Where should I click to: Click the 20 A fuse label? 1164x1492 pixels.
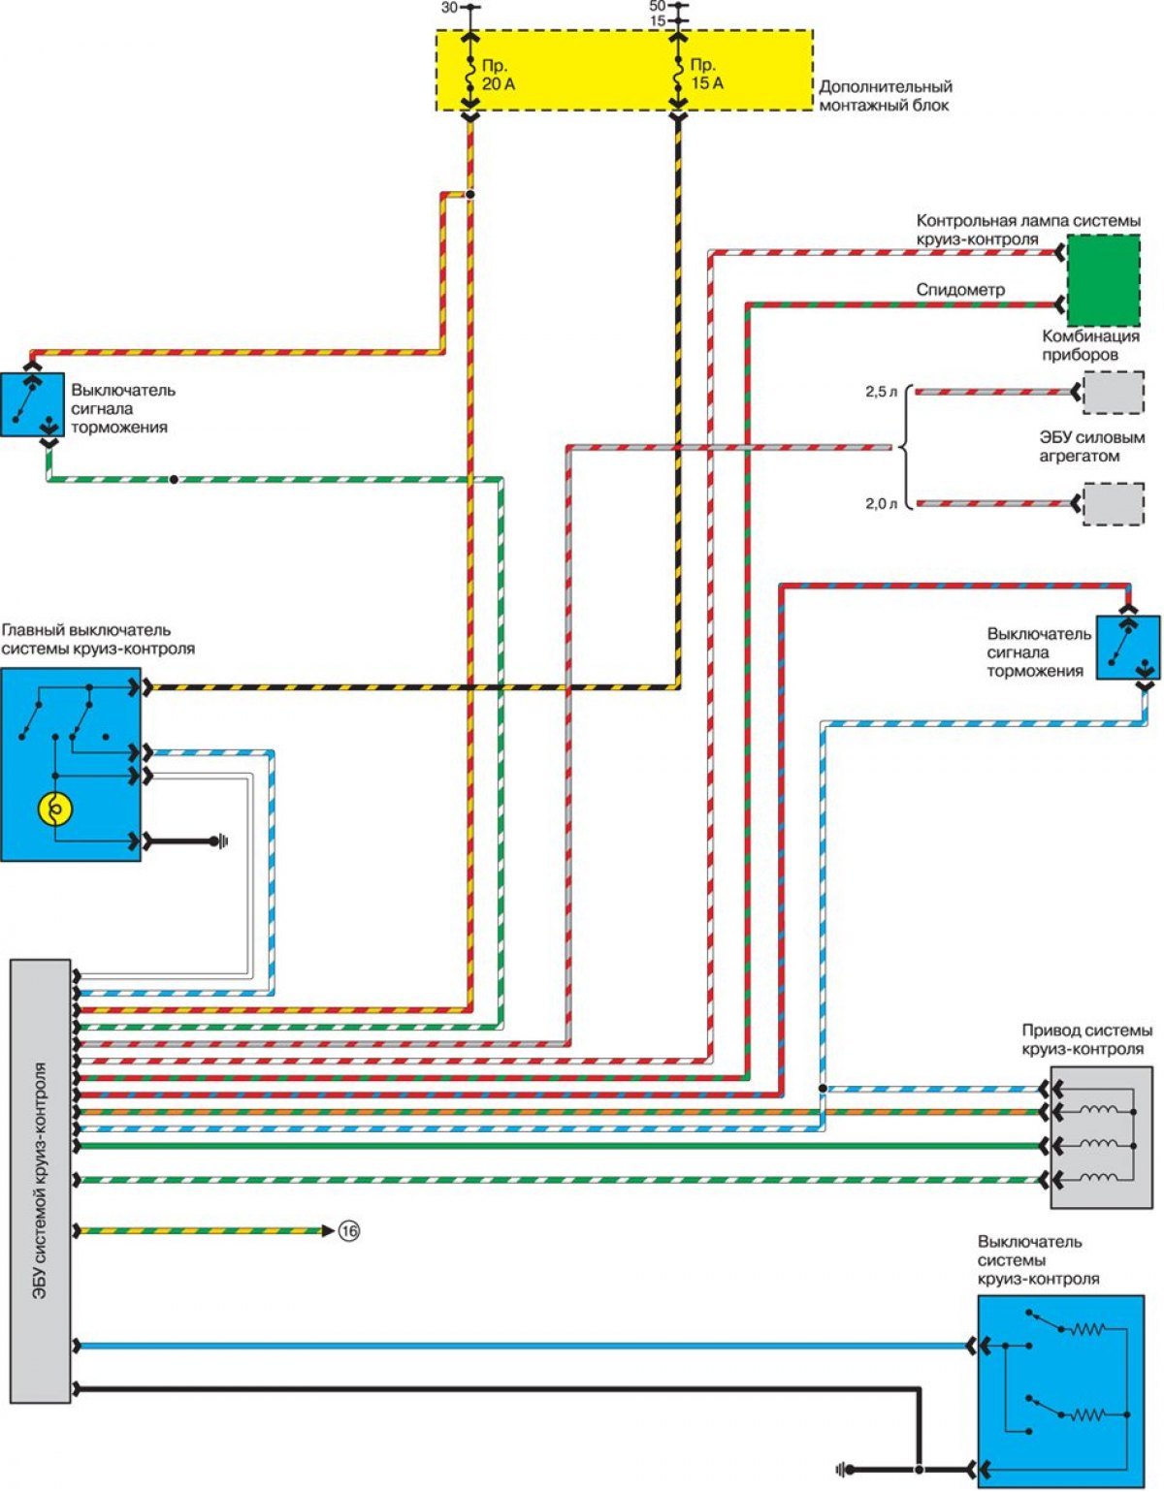point(498,75)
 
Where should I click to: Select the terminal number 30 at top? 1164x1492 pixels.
point(449,8)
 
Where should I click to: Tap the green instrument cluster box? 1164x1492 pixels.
point(1103,280)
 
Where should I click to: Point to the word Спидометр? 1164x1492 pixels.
point(960,290)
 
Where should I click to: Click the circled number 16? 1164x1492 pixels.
point(349,1231)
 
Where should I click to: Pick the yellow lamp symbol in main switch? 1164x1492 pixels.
point(55,809)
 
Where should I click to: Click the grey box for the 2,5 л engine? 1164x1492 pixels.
point(1114,393)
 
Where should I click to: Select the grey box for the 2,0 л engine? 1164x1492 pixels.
point(1114,505)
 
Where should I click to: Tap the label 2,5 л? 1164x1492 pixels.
point(881,393)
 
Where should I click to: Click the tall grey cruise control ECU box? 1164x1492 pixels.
point(40,1181)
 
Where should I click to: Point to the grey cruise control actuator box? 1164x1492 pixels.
point(1102,1137)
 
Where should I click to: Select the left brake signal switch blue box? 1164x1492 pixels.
point(32,404)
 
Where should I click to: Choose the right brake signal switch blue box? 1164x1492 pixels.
point(1127,649)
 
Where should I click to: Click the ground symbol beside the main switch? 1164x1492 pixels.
point(221,841)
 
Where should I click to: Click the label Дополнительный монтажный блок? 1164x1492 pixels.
point(886,96)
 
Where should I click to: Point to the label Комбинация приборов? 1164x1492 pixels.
point(1090,345)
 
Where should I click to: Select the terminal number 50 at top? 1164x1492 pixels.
point(658,6)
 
